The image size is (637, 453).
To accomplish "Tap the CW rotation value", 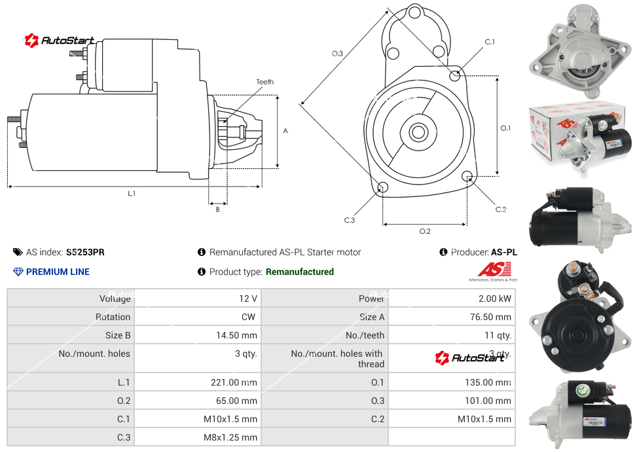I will (x=249, y=317).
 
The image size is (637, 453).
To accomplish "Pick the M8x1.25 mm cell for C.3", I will (x=230, y=437).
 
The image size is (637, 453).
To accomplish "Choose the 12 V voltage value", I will (x=248, y=299).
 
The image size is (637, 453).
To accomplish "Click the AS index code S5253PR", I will (x=85, y=252).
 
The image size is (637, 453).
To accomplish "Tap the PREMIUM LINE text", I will (x=58, y=272).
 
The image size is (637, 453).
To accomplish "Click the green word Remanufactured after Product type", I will (x=300, y=272).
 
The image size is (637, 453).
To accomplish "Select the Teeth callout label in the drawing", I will (x=264, y=82).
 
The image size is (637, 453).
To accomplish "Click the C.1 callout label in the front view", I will (x=489, y=42).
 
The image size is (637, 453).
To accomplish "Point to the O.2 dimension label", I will (x=424, y=231).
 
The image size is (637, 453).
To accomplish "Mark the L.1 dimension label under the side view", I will (x=132, y=193).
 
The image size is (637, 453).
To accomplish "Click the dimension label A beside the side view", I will (x=285, y=131).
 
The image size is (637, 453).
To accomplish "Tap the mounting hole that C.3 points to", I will (x=383, y=189).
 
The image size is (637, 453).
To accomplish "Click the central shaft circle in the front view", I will (x=417, y=132).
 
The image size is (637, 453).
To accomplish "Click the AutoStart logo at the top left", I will (x=60, y=41).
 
